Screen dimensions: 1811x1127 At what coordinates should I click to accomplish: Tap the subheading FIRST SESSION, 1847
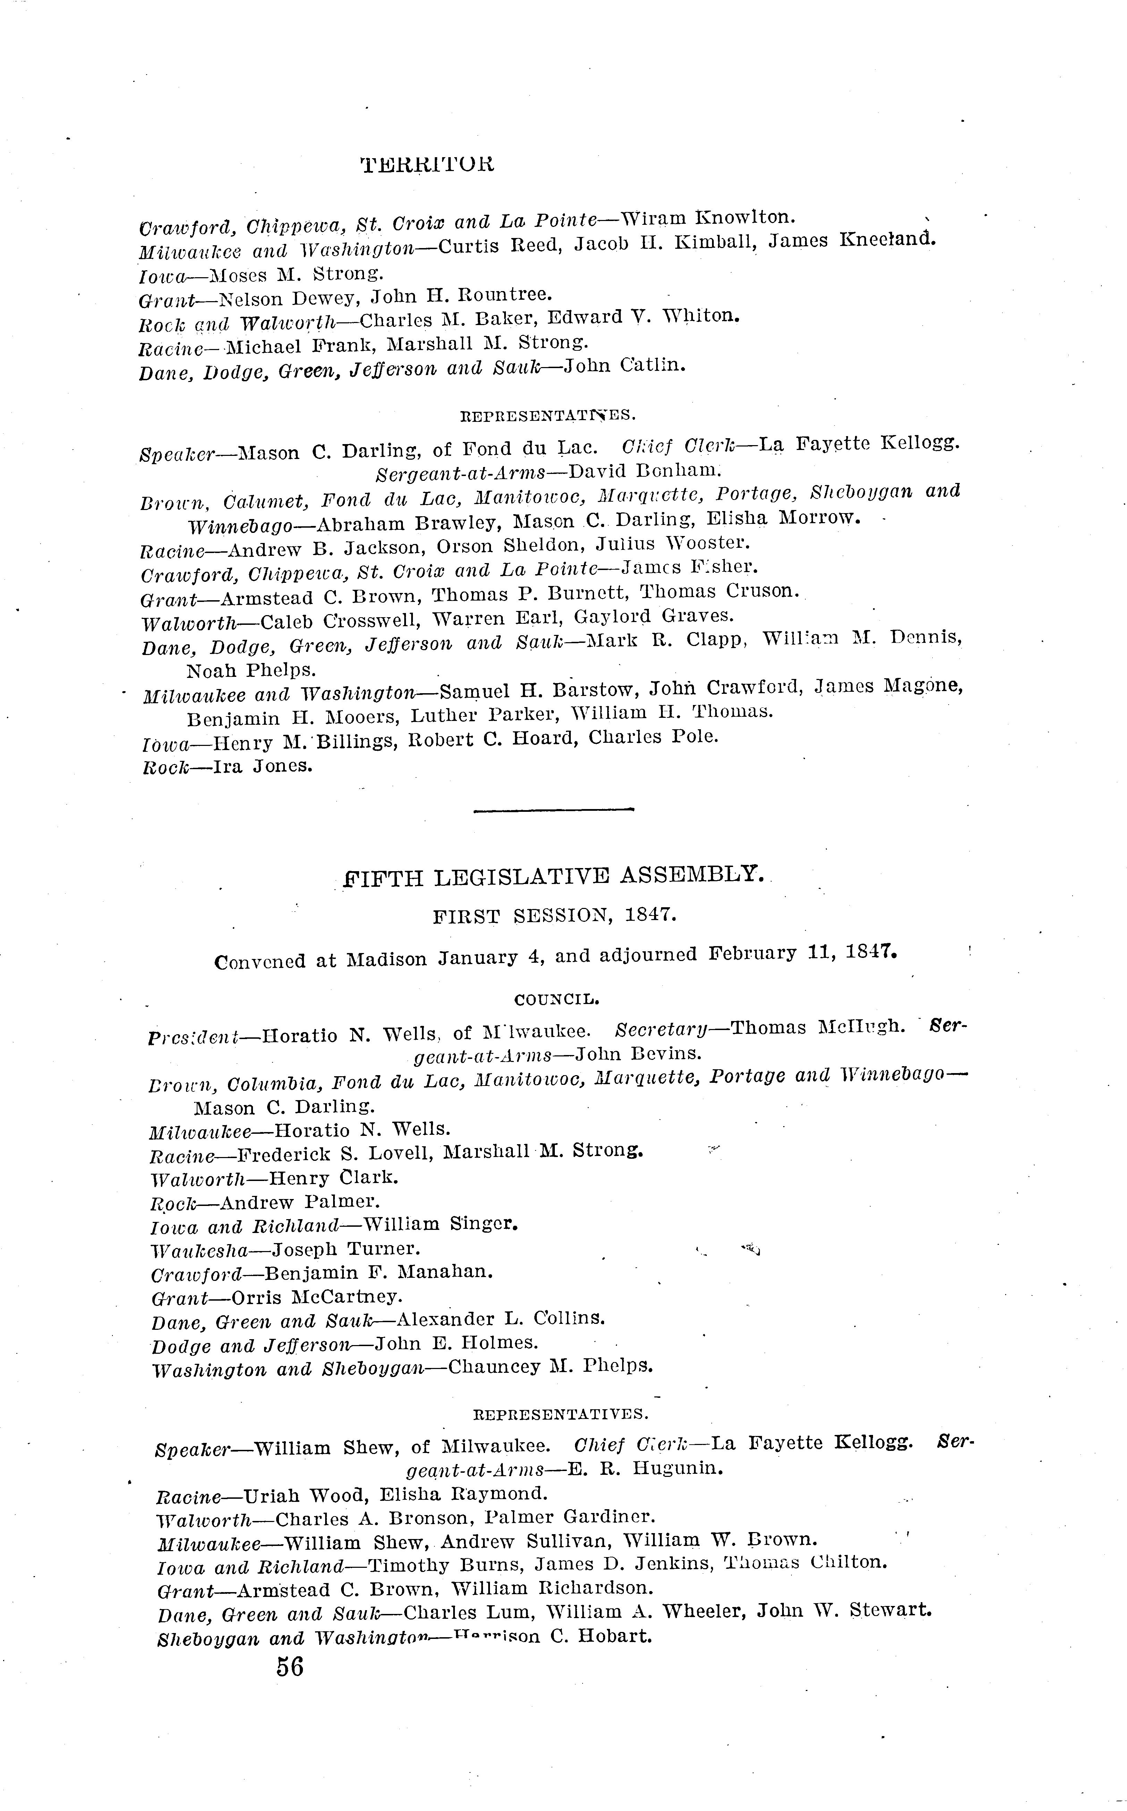click(554, 916)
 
